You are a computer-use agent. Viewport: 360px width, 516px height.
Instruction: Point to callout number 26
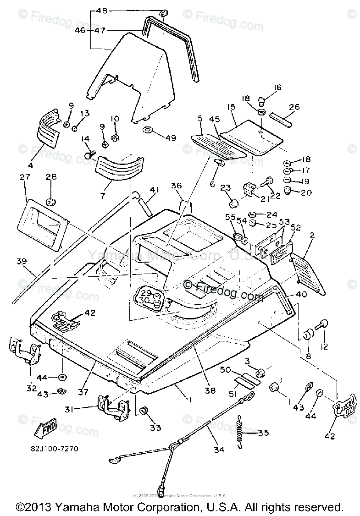tap(294, 107)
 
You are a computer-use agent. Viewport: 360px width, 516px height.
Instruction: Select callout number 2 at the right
tap(312, 236)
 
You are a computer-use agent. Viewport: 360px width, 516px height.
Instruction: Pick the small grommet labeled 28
tap(51, 201)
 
